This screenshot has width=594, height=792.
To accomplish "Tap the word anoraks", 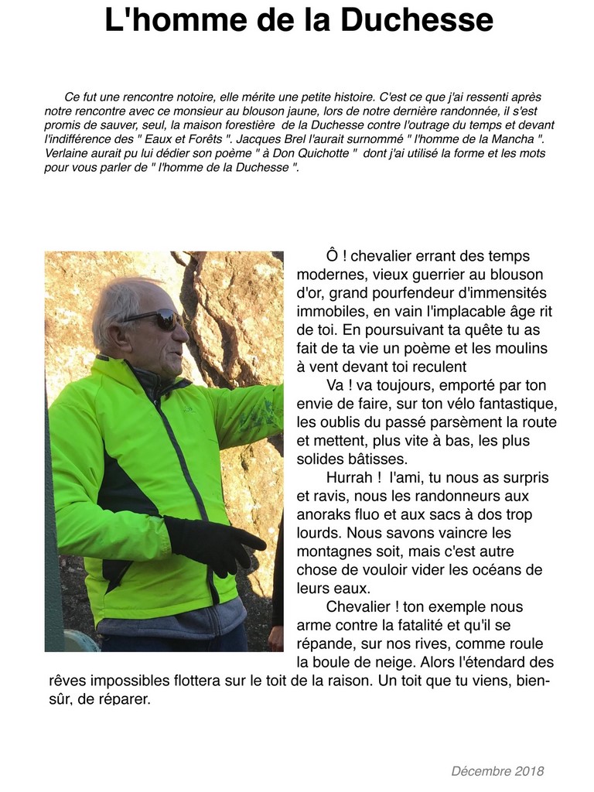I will click(x=323, y=515).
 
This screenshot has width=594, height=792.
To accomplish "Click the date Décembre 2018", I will click(x=497, y=771).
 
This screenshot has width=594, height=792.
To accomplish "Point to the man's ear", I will click(x=119, y=335).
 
